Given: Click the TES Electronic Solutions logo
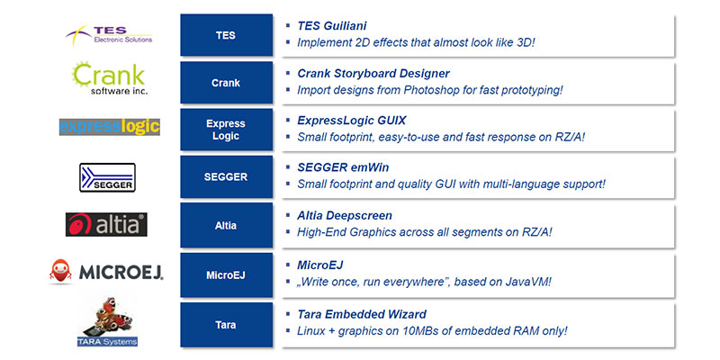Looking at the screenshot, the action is [x=109, y=35].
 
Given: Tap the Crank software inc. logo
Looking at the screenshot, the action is [x=110, y=78].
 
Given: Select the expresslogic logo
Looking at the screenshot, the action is [x=109, y=127].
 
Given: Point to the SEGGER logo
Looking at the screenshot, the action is [x=107, y=177].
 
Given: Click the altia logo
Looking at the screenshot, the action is [x=106, y=224].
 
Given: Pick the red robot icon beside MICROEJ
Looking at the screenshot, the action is [x=60, y=271].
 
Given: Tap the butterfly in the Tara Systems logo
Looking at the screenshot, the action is [x=111, y=314].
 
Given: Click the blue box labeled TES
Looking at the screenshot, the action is [x=227, y=35].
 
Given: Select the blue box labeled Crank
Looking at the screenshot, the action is [x=227, y=83].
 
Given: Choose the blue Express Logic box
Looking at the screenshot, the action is [x=227, y=130].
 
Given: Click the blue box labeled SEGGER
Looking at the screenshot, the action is [x=227, y=176].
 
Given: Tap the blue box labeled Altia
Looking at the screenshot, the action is [x=227, y=226].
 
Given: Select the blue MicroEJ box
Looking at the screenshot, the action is [x=227, y=275].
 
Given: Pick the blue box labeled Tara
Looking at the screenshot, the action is [x=227, y=325].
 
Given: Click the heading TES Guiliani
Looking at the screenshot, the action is [x=332, y=26].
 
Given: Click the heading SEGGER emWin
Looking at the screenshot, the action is [x=343, y=167].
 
